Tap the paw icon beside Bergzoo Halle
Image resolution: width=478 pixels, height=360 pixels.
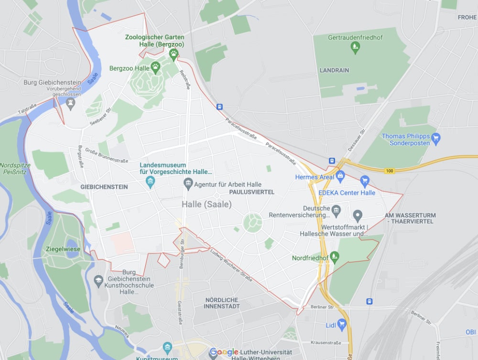[x=155, y=66]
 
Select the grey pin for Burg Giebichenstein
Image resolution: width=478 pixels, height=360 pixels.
[x=71, y=104]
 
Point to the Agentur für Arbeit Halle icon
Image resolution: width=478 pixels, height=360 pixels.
[x=188, y=184]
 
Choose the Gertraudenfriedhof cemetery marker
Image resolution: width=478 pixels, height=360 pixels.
[x=355, y=47]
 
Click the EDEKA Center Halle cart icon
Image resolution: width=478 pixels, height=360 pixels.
[x=365, y=181]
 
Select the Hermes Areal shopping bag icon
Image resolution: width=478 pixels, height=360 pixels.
[x=340, y=176]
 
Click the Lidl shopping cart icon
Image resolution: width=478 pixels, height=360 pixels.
[x=341, y=325]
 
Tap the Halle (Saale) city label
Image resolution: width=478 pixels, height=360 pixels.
[x=206, y=204]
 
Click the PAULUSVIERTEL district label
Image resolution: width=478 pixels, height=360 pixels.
[x=251, y=192]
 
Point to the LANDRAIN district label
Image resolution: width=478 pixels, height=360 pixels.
[x=334, y=70]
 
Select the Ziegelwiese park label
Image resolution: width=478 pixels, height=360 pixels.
[x=62, y=249]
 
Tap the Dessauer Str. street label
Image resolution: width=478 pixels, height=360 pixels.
[x=357, y=139]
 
